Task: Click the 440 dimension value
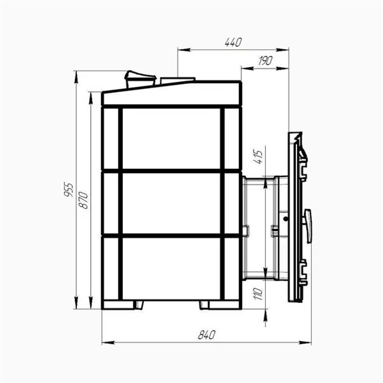pyautogui.click(x=233, y=42)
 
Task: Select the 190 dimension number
pyautogui.click(x=265, y=61)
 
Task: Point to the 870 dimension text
pyautogui.click(x=83, y=200)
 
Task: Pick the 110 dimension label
pyautogui.click(x=258, y=294)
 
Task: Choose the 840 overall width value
pyautogui.click(x=207, y=335)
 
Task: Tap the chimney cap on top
pyautogui.click(x=140, y=79)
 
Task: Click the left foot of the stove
pyautogui.click(x=139, y=305)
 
